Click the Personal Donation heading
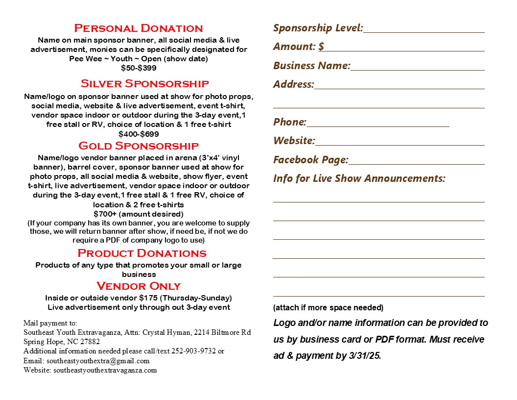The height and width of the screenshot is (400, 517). [139, 28]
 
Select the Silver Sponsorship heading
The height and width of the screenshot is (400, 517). [145, 83]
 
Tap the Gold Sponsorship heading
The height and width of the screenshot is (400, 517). [139, 146]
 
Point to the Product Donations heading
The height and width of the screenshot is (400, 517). [142, 253]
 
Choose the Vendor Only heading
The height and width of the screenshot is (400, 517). [139, 286]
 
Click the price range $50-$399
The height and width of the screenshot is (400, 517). [139, 68]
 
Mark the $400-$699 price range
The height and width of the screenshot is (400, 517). [139, 134]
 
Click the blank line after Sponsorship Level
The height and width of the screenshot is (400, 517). [424, 30]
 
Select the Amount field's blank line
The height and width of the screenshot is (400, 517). [404, 49]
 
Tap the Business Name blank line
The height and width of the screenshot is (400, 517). [418, 68]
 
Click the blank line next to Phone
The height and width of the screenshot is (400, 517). [378, 125]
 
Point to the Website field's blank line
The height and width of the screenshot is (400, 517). [400, 143]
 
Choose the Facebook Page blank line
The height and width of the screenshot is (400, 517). [417, 162]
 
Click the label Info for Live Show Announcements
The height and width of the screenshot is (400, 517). [359, 178]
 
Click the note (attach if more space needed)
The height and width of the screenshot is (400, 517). [328, 308]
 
